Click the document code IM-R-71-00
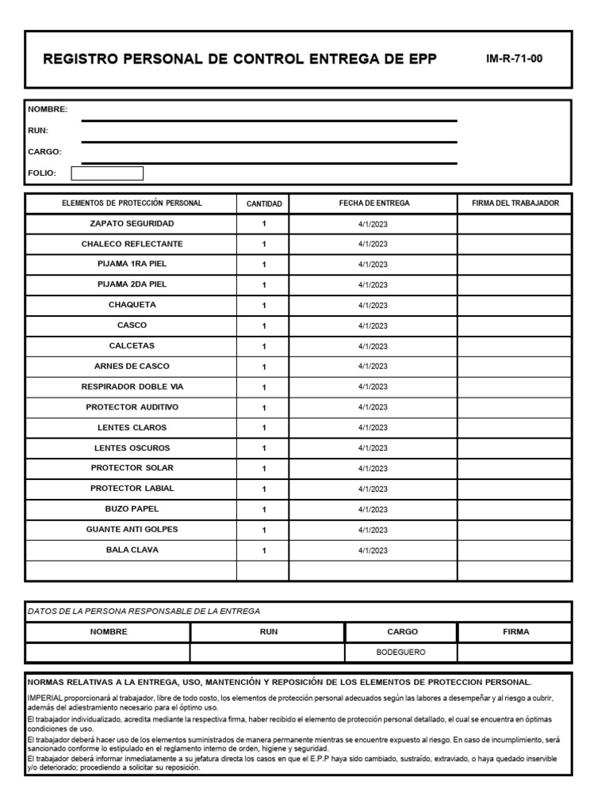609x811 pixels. point(514,59)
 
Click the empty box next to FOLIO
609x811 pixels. point(107,173)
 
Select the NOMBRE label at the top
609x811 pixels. point(48,109)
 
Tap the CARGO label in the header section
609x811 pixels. point(45,151)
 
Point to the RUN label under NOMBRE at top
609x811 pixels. point(39,130)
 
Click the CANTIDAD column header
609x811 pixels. point(264,204)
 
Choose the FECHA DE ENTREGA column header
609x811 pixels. point(373,204)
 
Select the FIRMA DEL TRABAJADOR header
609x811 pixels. point(515,204)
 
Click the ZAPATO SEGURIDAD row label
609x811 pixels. point(132,224)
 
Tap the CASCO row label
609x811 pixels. point(132,326)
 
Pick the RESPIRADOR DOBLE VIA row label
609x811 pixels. point(132,386)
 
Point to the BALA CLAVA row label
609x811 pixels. point(132,550)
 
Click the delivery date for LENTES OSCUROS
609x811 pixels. point(373,448)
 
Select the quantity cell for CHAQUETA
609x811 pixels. point(264,306)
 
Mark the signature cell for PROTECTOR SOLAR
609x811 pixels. point(515,468)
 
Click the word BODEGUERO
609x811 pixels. point(401,653)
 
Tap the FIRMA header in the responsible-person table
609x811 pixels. point(515,632)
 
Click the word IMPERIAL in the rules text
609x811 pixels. point(45,698)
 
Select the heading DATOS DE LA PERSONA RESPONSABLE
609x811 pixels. point(144,611)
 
